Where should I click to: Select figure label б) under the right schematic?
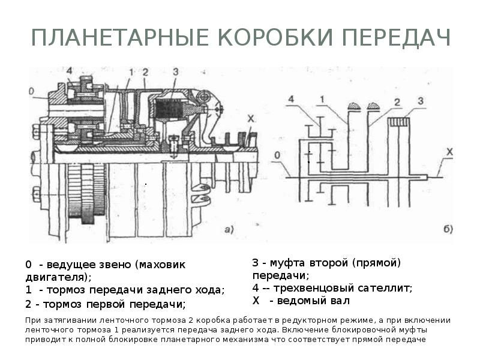coord(447,229)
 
